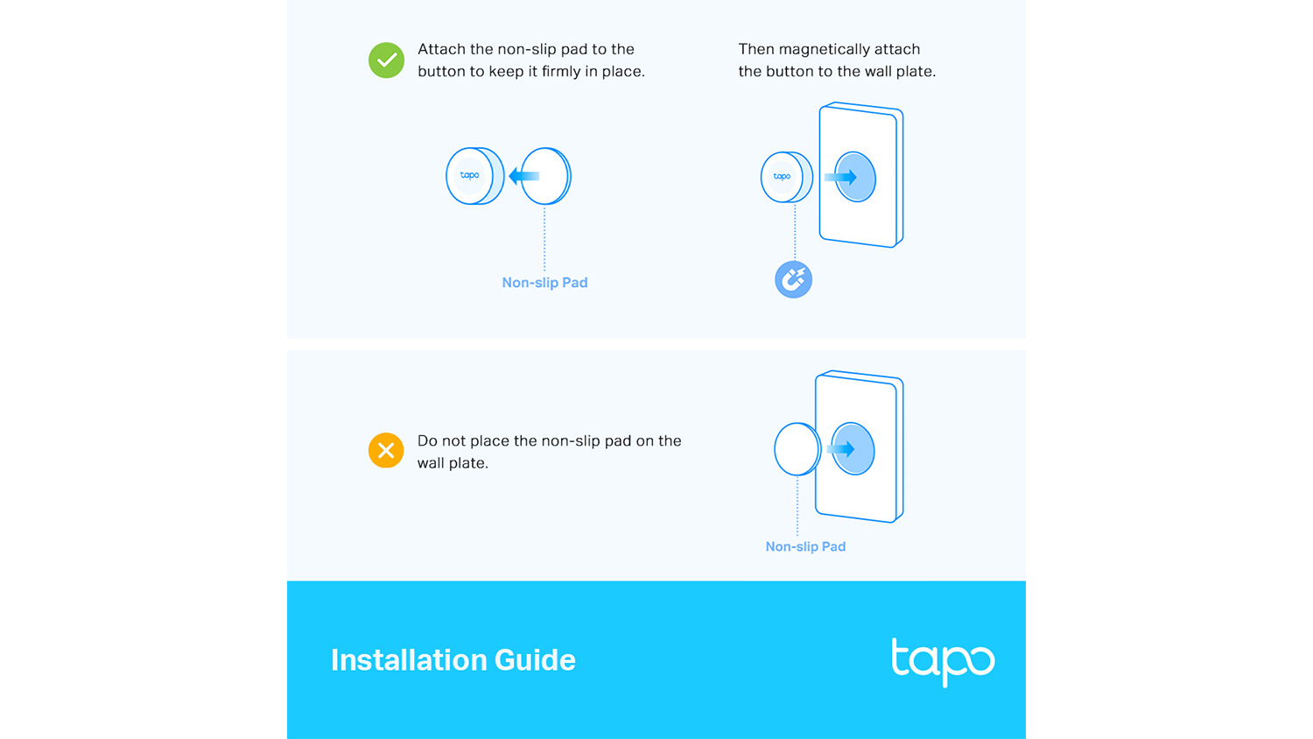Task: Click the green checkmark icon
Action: tap(386, 60)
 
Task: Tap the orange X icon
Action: tap(386, 450)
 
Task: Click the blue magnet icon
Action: tap(794, 279)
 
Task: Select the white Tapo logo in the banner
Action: tap(943, 662)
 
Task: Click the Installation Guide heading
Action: tap(453, 660)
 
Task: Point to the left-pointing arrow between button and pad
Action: tap(523, 176)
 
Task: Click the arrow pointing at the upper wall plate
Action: tap(840, 177)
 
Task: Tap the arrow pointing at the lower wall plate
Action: tap(840, 449)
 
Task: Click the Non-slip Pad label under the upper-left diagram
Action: tap(544, 283)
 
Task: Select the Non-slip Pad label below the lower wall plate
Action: tap(805, 546)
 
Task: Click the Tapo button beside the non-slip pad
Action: tap(474, 176)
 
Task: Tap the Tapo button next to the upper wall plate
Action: tap(787, 177)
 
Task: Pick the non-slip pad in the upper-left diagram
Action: tap(545, 176)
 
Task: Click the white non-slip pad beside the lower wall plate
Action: tap(797, 449)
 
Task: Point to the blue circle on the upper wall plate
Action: tap(856, 177)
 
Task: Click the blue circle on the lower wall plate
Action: tap(853, 448)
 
